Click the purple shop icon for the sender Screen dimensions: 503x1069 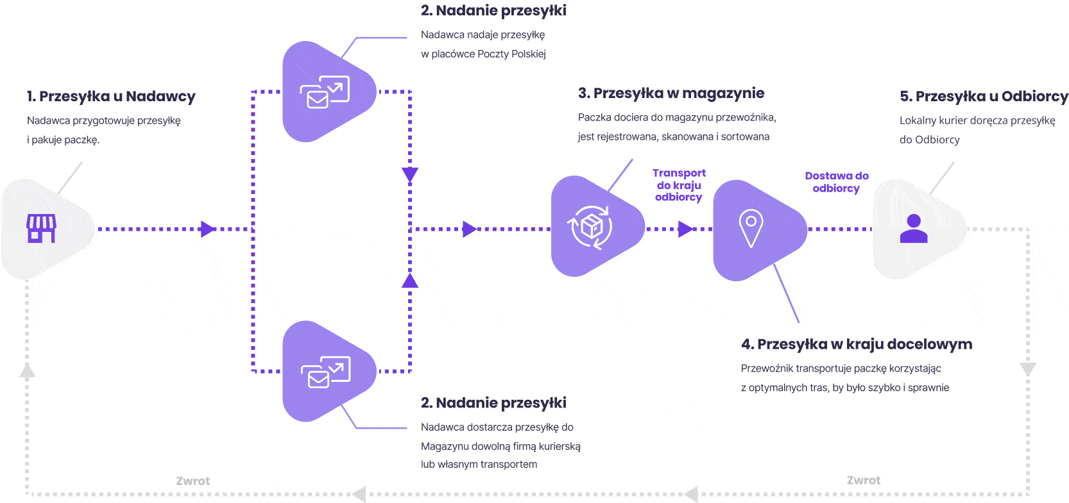pos(41,228)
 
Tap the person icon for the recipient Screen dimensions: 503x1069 pos(914,229)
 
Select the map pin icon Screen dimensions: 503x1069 pos(751,228)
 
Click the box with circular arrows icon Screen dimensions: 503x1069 pos(590,227)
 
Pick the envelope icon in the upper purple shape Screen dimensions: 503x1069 pos(325,92)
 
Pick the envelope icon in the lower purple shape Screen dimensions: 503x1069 pos(325,372)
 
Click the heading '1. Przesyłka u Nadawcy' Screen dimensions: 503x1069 pos(111,97)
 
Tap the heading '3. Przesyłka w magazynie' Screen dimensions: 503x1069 pos(671,94)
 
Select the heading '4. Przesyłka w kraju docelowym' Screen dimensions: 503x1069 pos(856,345)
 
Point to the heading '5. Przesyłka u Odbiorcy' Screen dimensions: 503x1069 pos(984,97)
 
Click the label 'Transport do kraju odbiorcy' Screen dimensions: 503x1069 pos(679,185)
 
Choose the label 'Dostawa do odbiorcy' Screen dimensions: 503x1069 pos(837,182)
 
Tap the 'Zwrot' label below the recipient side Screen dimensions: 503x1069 pos(863,481)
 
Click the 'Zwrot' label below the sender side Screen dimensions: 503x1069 pos(192,481)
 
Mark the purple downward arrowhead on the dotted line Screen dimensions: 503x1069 pos(410,174)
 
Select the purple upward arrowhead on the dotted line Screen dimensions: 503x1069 pos(410,280)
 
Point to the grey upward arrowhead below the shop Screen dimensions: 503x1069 pos(27,370)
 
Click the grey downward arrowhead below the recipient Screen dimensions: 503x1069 pos(1028,369)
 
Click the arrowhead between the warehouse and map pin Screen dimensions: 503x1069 pos(685,229)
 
